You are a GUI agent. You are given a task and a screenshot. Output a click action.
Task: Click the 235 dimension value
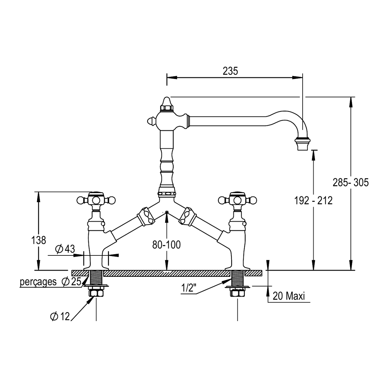[x=230, y=71]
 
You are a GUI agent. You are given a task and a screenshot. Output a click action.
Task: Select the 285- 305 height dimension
[x=350, y=182]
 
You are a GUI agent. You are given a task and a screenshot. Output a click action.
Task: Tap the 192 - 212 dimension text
[x=313, y=200]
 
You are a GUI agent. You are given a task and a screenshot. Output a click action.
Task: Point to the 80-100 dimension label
[x=166, y=245]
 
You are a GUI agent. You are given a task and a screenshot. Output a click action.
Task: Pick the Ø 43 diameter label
[x=65, y=249]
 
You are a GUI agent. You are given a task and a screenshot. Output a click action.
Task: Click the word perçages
[x=38, y=282]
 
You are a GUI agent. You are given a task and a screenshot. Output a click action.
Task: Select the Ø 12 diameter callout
[x=60, y=316]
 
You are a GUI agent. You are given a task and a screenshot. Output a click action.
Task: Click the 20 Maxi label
[x=289, y=296]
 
